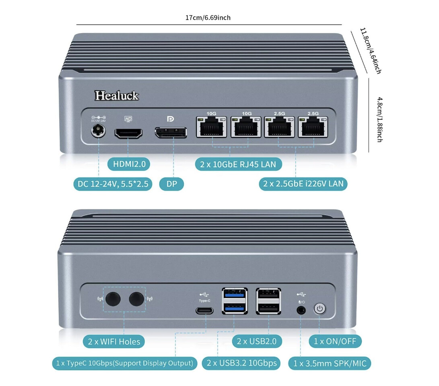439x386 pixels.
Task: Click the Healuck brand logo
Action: pos(117,95)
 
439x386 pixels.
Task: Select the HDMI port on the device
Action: pos(129,133)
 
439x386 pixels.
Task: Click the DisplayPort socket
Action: pos(171,133)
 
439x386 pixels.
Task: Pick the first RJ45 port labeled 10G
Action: pos(211,128)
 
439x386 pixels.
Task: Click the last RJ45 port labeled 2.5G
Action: pos(313,128)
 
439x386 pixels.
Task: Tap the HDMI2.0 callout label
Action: pos(129,164)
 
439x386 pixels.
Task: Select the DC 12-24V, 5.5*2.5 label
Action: pos(113,185)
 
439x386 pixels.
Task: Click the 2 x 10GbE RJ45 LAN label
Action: pos(238,164)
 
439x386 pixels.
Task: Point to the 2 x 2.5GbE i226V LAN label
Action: pos(303,184)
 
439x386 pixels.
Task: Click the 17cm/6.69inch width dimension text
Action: pos(208,18)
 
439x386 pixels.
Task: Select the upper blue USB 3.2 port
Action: pos(235,295)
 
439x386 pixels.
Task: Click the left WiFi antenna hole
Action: pos(113,299)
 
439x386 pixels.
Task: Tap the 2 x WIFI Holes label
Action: pos(114,342)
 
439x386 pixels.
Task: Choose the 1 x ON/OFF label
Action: pos(335,341)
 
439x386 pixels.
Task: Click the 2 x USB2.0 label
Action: pos(257,341)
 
